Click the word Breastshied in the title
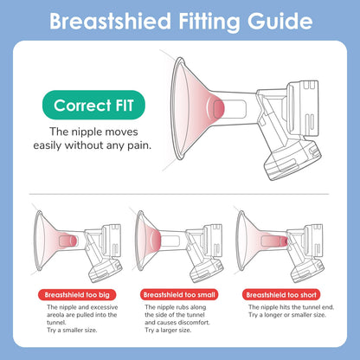(111, 21)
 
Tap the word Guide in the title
(280, 21)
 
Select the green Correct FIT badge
(93, 105)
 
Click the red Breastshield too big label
(77, 295)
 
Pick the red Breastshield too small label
(179, 295)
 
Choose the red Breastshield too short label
(281, 295)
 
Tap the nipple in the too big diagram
(71, 241)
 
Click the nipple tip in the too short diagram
(285, 241)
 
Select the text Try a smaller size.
(72, 331)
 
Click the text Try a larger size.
(168, 331)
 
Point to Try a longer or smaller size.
(287, 315)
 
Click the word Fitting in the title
(209, 22)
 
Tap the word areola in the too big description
(55, 315)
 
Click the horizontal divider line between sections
(179, 194)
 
